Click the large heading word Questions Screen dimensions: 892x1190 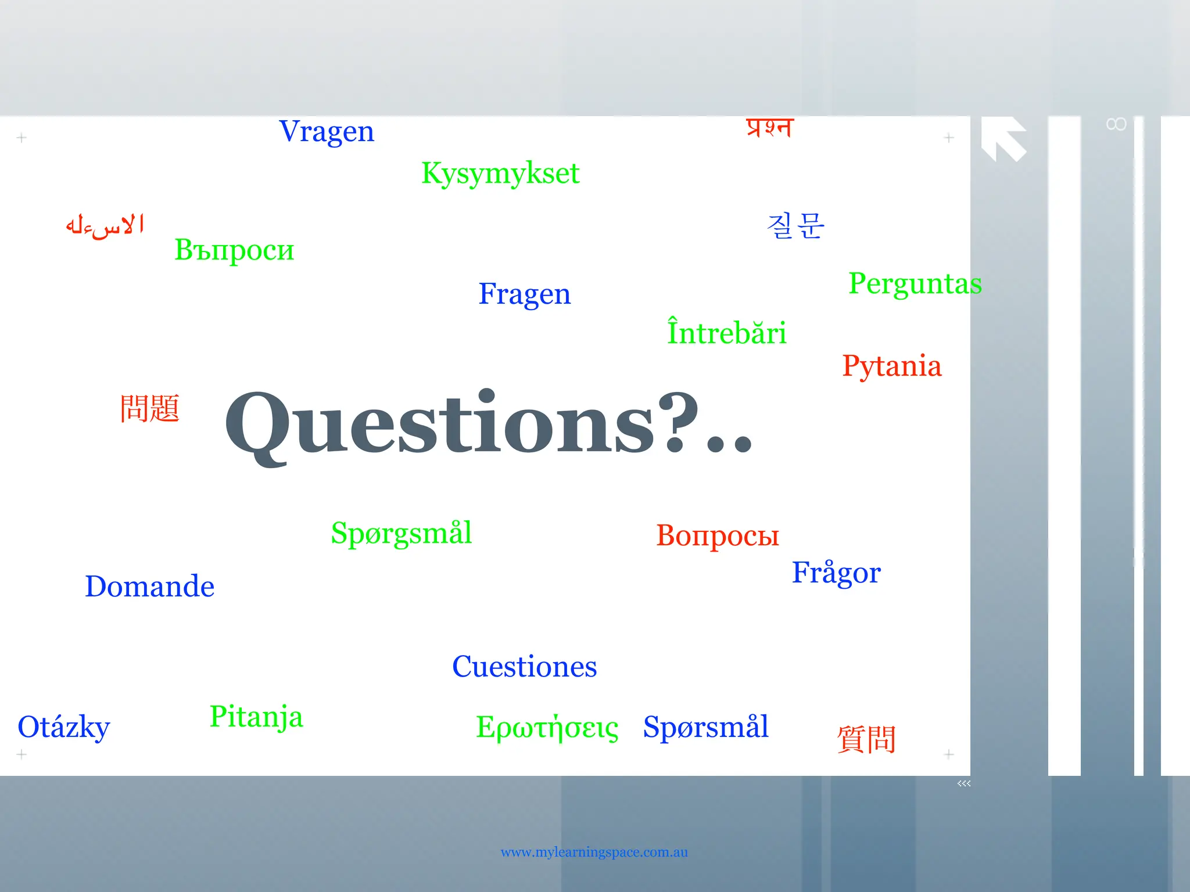(488, 424)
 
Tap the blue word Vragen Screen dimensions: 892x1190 (327, 131)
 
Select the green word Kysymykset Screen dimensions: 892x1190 (500, 173)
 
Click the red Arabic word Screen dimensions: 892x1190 (105, 225)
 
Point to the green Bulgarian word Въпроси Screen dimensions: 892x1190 (234, 250)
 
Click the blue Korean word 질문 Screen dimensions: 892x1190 (795, 225)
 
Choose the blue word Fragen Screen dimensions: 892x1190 (525, 294)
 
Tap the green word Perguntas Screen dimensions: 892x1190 (915, 283)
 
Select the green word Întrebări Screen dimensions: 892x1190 (726, 332)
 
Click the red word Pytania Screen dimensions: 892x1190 (892, 366)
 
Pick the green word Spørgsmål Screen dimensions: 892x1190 (402, 533)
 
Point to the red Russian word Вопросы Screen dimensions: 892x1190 (718, 535)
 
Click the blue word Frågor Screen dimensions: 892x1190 (836, 573)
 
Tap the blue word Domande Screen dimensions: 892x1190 (150, 587)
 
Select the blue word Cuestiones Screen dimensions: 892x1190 (525, 667)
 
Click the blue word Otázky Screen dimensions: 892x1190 (64, 727)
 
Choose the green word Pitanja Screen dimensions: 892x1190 (256, 717)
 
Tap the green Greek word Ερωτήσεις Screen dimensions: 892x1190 (547, 727)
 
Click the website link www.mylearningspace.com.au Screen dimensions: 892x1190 (594, 853)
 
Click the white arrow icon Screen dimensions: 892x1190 (1003, 138)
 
